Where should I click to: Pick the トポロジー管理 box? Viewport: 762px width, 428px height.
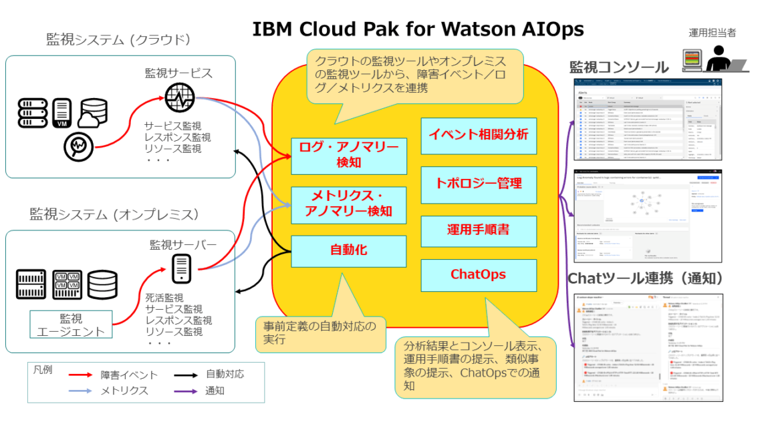[x=479, y=183]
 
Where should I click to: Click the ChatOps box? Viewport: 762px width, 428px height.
[x=479, y=274]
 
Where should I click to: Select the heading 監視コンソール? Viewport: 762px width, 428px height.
[x=619, y=67]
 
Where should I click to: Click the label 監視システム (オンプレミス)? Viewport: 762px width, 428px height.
[x=114, y=214]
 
